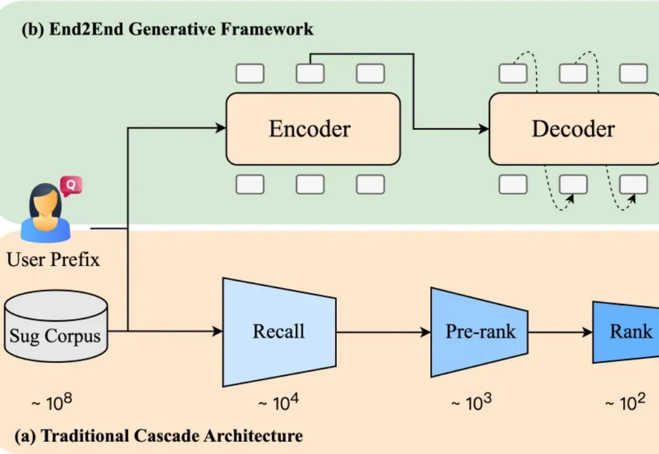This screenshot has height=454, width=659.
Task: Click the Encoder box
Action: pyautogui.click(x=313, y=129)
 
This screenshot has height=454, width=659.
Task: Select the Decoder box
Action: pyautogui.click(x=574, y=129)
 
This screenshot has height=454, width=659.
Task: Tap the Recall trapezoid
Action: pyautogui.click(x=279, y=332)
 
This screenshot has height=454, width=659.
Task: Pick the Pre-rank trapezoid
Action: pyautogui.click(x=479, y=332)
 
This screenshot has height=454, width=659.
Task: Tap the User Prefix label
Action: pyautogui.click(x=53, y=261)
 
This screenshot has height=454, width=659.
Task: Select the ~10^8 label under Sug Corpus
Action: pyautogui.click(x=55, y=403)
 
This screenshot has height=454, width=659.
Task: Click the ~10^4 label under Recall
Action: pyautogui.click(x=278, y=403)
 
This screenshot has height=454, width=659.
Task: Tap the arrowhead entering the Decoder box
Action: pyautogui.click(x=484, y=129)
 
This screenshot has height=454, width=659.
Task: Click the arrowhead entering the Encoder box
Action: pyautogui.click(x=221, y=128)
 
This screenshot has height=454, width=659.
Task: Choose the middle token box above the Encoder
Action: pyautogui.click(x=310, y=74)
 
